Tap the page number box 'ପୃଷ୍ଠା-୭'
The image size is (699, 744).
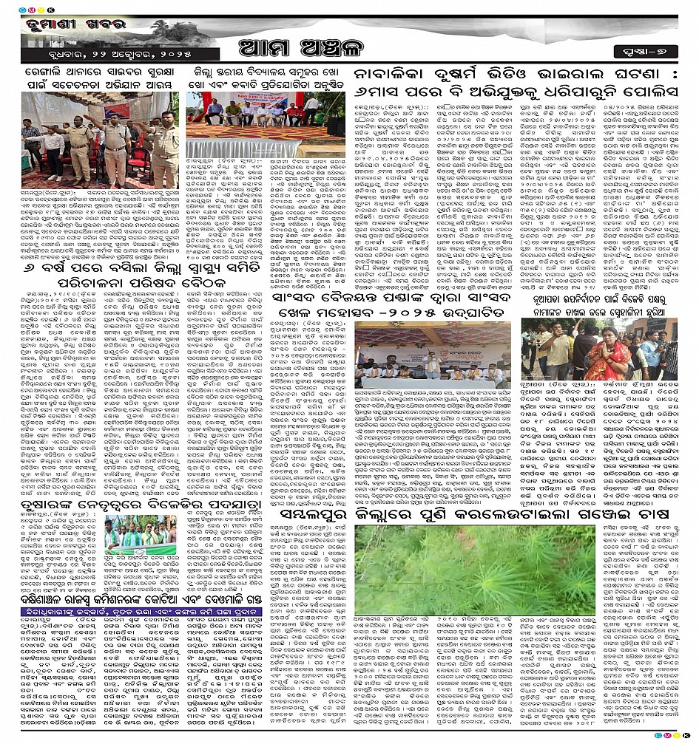[x=648, y=52]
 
